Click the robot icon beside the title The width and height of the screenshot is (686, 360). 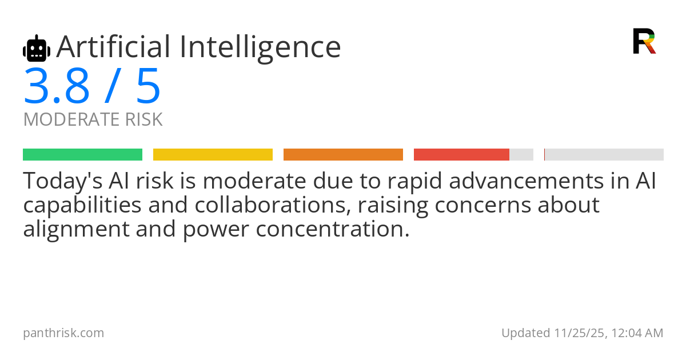[x=37, y=49]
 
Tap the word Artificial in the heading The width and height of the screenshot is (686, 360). [x=113, y=47]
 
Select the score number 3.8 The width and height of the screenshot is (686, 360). [x=57, y=86]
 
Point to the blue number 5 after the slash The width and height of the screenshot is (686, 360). [x=148, y=86]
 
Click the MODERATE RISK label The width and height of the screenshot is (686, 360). [x=93, y=120]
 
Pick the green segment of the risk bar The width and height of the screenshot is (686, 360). [x=82, y=155]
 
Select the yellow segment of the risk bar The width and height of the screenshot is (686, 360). [x=213, y=155]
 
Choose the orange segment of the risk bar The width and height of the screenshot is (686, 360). [x=343, y=155]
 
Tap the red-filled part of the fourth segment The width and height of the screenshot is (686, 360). [x=461, y=155]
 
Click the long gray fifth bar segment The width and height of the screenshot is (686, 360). [x=604, y=155]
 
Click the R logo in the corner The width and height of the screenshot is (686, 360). [x=644, y=41]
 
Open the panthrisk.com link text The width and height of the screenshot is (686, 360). [x=63, y=333]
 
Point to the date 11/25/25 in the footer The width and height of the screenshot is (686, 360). [x=577, y=333]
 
